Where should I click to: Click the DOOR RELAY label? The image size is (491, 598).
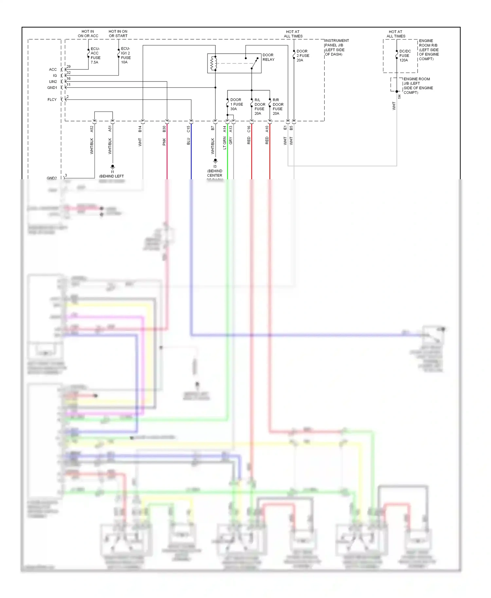pos(268,57)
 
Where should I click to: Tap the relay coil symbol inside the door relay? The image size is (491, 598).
pos(214,63)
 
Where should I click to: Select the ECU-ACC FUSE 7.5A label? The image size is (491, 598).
pos(95,55)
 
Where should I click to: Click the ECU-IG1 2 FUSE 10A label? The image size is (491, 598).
pos(126,55)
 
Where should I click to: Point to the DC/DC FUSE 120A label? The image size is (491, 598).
pos(405,56)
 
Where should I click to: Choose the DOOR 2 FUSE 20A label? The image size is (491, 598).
pos(302,56)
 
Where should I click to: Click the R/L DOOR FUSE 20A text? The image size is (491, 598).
pos(260,107)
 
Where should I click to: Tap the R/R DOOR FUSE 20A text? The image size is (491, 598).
pos(278,107)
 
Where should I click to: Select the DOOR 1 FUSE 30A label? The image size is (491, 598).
pos(236,104)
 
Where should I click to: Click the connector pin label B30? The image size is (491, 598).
pos(164,129)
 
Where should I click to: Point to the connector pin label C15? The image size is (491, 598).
pos(189,129)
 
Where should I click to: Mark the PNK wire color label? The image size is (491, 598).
pos(164,142)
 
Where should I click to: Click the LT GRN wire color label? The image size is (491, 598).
pos(225,143)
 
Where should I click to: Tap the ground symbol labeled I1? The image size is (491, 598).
pos(113,167)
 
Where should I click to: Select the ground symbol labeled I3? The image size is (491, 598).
pos(215,161)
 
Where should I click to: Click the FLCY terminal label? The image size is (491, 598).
pos(52,99)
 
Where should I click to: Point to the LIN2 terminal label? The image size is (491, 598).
pos(53,81)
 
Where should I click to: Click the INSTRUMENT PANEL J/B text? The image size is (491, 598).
pos(336,43)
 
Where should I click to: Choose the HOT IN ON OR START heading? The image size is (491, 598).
pos(118,34)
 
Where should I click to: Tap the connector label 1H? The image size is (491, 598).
pos(399,97)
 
